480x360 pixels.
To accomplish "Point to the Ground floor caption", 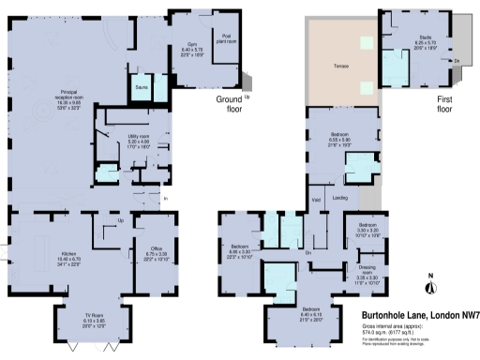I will [231, 103].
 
